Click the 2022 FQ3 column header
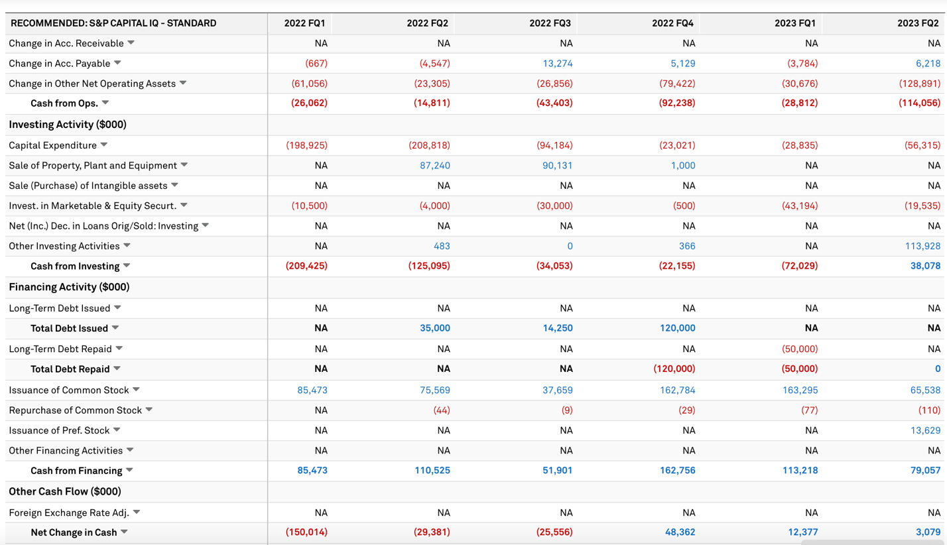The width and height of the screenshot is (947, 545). pyautogui.click(x=550, y=23)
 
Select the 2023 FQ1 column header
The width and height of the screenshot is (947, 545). pyautogui.click(x=794, y=23)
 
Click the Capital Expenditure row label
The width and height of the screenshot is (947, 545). pyautogui.click(x=52, y=145)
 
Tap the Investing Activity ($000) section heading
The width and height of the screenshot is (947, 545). pyautogui.click(x=68, y=125)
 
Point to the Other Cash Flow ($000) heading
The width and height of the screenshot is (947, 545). pyautogui.click(x=65, y=491)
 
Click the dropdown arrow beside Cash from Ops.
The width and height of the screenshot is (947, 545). pyautogui.click(x=105, y=103)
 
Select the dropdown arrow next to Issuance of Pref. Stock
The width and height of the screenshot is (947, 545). pyautogui.click(x=117, y=430)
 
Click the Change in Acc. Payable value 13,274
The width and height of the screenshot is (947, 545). pyautogui.click(x=557, y=64)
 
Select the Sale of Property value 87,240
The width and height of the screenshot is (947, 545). pyautogui.click(x=434, y=166)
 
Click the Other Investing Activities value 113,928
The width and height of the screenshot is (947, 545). pyautogui.click(x=922, y=246)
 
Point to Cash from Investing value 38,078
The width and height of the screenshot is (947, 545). pyautogui.click(x=925, y=266)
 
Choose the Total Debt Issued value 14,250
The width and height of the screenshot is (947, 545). pyautogui.click(x=557, y=328)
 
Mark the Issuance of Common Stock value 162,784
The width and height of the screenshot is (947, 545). pyautogui.click(x=677, y=391)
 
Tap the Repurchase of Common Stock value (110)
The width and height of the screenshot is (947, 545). pyautogui.click(x=929, y=410)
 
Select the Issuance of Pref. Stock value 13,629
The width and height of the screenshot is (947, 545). pyautogui.click(x=925, y=430)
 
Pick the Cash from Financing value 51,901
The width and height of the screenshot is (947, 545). pyautogui.click(x=554, y=471)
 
